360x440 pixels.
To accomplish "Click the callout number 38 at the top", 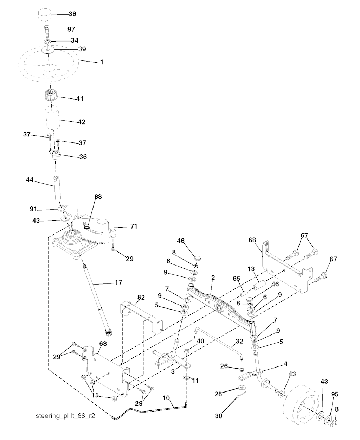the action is (x=72, y=14).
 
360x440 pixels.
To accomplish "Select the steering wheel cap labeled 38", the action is (x=45, y=15).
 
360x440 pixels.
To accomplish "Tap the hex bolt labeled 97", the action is (x=47, y=31).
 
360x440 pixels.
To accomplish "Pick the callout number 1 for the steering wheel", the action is (x=102, y=62).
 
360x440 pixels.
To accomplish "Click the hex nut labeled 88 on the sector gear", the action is (x=87, y=227).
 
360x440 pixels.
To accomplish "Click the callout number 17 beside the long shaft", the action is (x=118, y=282).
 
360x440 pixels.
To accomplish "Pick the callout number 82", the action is (x=141, y=297).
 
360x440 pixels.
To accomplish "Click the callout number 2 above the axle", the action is (x=213, y=278).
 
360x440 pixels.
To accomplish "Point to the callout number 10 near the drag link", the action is (x=166, y=398).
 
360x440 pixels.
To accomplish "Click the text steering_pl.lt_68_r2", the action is (x=65, y=416).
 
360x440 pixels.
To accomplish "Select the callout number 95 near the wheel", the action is (x=335, y=394).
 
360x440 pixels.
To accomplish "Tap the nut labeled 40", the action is (x=186, y=351).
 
